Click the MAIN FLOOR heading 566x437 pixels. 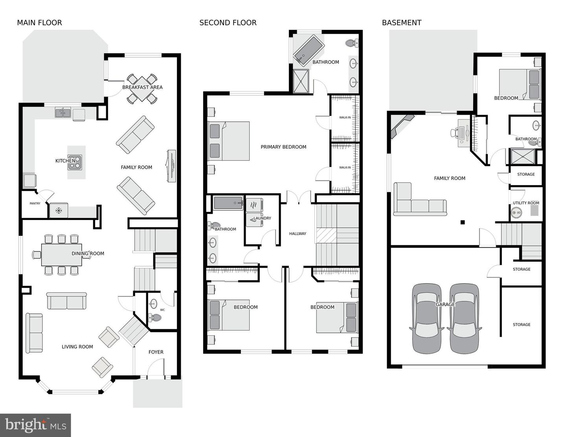click(39, 23)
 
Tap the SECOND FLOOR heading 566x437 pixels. click(228, 23)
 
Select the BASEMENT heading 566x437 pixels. click(401, 23)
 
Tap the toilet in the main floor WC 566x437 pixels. click(155, 318)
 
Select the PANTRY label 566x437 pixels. click(35, 204)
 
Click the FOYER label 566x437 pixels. click(156, 352)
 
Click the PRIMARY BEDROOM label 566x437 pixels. click(283, 147)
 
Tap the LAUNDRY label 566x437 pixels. click(262, 218)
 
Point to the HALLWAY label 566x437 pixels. click(298, 234)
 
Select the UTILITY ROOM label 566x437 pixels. click(526, 203)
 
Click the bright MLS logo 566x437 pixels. click(35, 425)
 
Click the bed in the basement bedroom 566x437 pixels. click(520, 84)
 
